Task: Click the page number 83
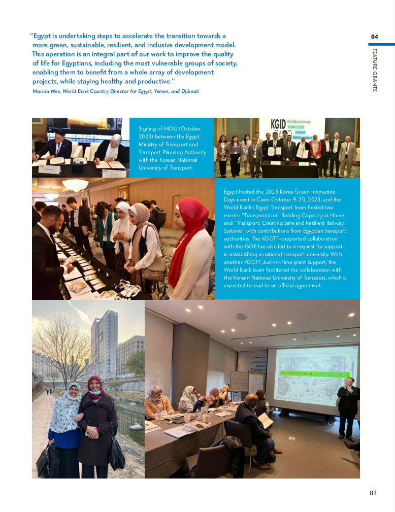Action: pos(373,493)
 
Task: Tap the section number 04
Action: pos(375,37)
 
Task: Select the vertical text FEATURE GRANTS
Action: pos(375,70)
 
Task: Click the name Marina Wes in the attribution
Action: pos(46,91)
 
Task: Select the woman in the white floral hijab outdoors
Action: pos(64,426)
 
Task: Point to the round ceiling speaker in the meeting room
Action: pos(241,317)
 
